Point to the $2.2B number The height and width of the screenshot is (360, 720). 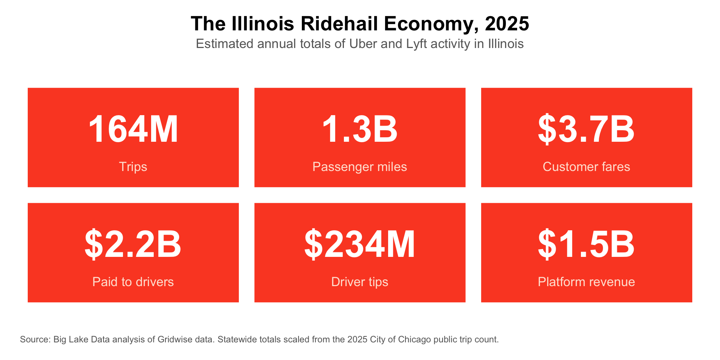click(x=133, y=244)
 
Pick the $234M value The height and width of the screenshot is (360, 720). click(x=360, y=244)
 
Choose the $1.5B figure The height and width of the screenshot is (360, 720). click(x=586, y=244)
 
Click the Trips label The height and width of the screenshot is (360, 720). click(x=133, y=166)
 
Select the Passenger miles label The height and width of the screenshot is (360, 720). click(x=360, y=166)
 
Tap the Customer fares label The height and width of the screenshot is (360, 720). click(x=586, y=166)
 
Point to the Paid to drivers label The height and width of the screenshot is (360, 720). click(x=133, y=282)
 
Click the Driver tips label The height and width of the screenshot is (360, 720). click(x=360, y=282)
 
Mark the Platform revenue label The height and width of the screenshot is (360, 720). click(x=586, y=282)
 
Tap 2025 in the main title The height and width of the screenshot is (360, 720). click(x=507, y=24)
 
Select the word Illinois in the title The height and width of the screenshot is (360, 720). click(x=263, y=24)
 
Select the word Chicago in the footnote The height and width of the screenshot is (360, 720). click(x=414, y=340)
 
